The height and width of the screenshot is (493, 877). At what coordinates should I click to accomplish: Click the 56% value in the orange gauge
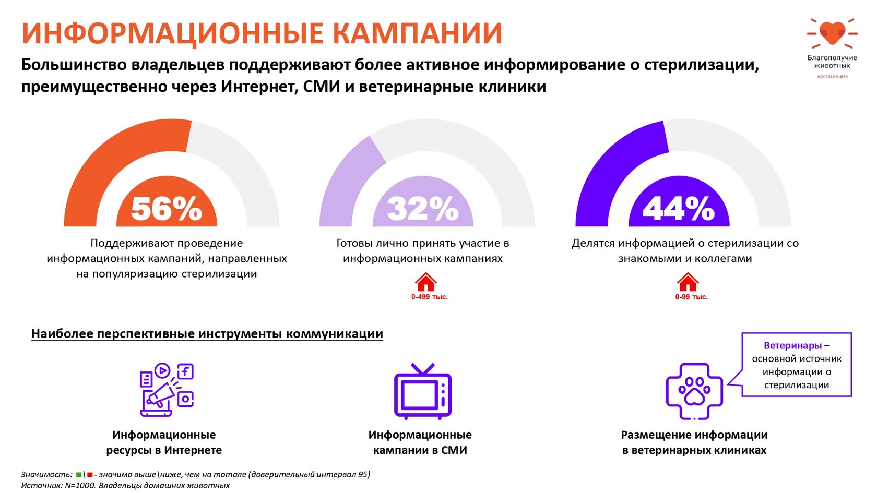coord(166,209)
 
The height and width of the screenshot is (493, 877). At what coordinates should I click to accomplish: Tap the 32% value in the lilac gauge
coord(422,209)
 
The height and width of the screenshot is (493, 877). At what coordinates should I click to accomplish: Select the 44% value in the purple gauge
coord(679,209)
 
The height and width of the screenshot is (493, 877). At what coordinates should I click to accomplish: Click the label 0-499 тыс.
coord(429,297)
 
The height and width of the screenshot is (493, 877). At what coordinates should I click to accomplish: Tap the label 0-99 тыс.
coord(691,297)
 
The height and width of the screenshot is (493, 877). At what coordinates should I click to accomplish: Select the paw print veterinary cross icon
coord(694,391)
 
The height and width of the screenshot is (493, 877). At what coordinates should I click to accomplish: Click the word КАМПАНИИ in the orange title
coord(417,33)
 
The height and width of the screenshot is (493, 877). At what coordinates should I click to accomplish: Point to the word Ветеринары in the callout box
coord(792,345)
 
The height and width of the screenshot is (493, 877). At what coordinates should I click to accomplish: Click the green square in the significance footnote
coord(79,475)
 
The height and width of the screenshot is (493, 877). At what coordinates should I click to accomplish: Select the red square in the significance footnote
coord(90,475)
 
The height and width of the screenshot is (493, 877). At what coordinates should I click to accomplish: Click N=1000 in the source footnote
coord(79,485)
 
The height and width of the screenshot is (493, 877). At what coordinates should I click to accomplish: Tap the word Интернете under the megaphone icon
coord(193,450)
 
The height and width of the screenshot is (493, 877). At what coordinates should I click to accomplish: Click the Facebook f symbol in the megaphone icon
coord(185,371)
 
